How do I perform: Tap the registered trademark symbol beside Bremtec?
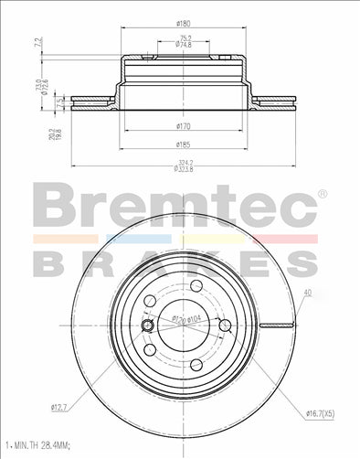(x=321, y=194)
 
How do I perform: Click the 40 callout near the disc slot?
(x=306, y=293)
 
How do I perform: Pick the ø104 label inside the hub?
(x=195, y=318)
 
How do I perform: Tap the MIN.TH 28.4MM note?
(x=38, y=445)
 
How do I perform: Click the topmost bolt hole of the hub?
(x=195, y=287)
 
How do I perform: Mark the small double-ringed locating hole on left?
(x=148, y=326)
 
